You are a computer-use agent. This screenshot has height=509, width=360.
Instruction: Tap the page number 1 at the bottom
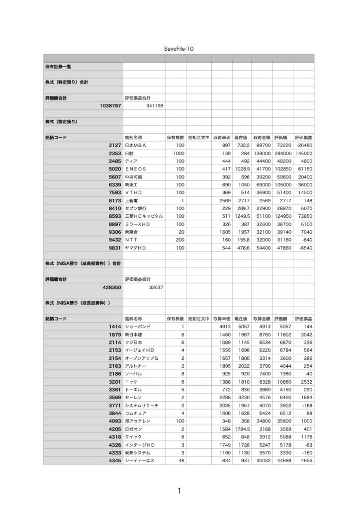(179, 491)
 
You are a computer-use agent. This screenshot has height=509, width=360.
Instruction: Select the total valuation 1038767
(108, 106)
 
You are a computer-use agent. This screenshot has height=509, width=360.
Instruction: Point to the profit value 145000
(303, 153)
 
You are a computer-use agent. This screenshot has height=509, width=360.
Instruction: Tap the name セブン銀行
(136, 208)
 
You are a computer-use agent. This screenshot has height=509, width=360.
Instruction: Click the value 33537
(157, 287)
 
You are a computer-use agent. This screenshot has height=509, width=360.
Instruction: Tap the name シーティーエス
(141, 461)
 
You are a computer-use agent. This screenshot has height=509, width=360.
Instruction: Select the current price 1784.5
(241, 429)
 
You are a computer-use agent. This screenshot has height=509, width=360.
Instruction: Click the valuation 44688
(281, 461)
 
